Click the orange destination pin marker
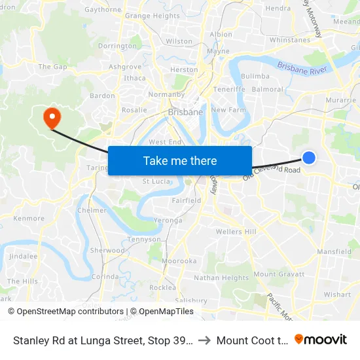point(51,117)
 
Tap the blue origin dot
point(309,157)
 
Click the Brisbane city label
point(186,112)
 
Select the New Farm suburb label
point(228,110)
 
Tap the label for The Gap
point(53,67)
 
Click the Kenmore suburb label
point(29,219)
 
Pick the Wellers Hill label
point(236,232)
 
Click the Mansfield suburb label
point(334,251)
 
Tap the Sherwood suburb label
point(107,251)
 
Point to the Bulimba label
point(255,77)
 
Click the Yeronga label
point(168,221)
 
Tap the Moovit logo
point(321,339)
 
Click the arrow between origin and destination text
point(204,340)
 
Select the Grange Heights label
point(152,16)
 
